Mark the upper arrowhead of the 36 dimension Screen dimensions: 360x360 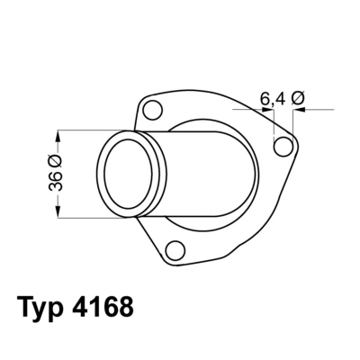tap(58, 135)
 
